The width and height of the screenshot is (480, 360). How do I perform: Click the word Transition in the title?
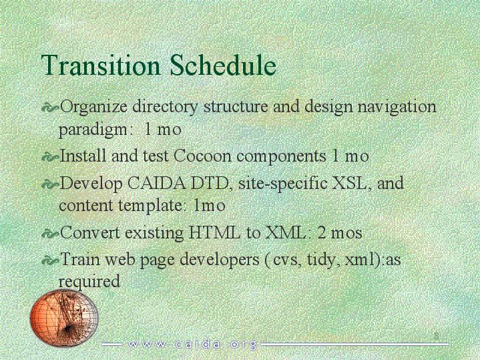pos(100,65)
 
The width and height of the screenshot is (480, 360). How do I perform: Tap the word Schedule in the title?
pos(223,65)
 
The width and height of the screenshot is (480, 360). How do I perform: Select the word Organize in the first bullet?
pos(93,108)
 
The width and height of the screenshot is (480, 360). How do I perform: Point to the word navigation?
pos(397,108)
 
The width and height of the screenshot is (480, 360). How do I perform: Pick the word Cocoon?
pos(202,156)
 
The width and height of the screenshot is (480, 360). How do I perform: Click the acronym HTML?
pos(214,232)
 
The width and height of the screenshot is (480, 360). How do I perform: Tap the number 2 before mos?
pos(322,233)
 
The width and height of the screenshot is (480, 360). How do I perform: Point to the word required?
pos(89,282)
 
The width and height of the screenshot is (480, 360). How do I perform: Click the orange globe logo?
pos(64,318)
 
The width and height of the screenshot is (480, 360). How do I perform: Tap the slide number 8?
pos(437,335)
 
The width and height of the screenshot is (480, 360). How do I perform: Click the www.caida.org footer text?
pos(192,345)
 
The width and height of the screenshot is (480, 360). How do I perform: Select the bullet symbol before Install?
pos(49,158)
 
